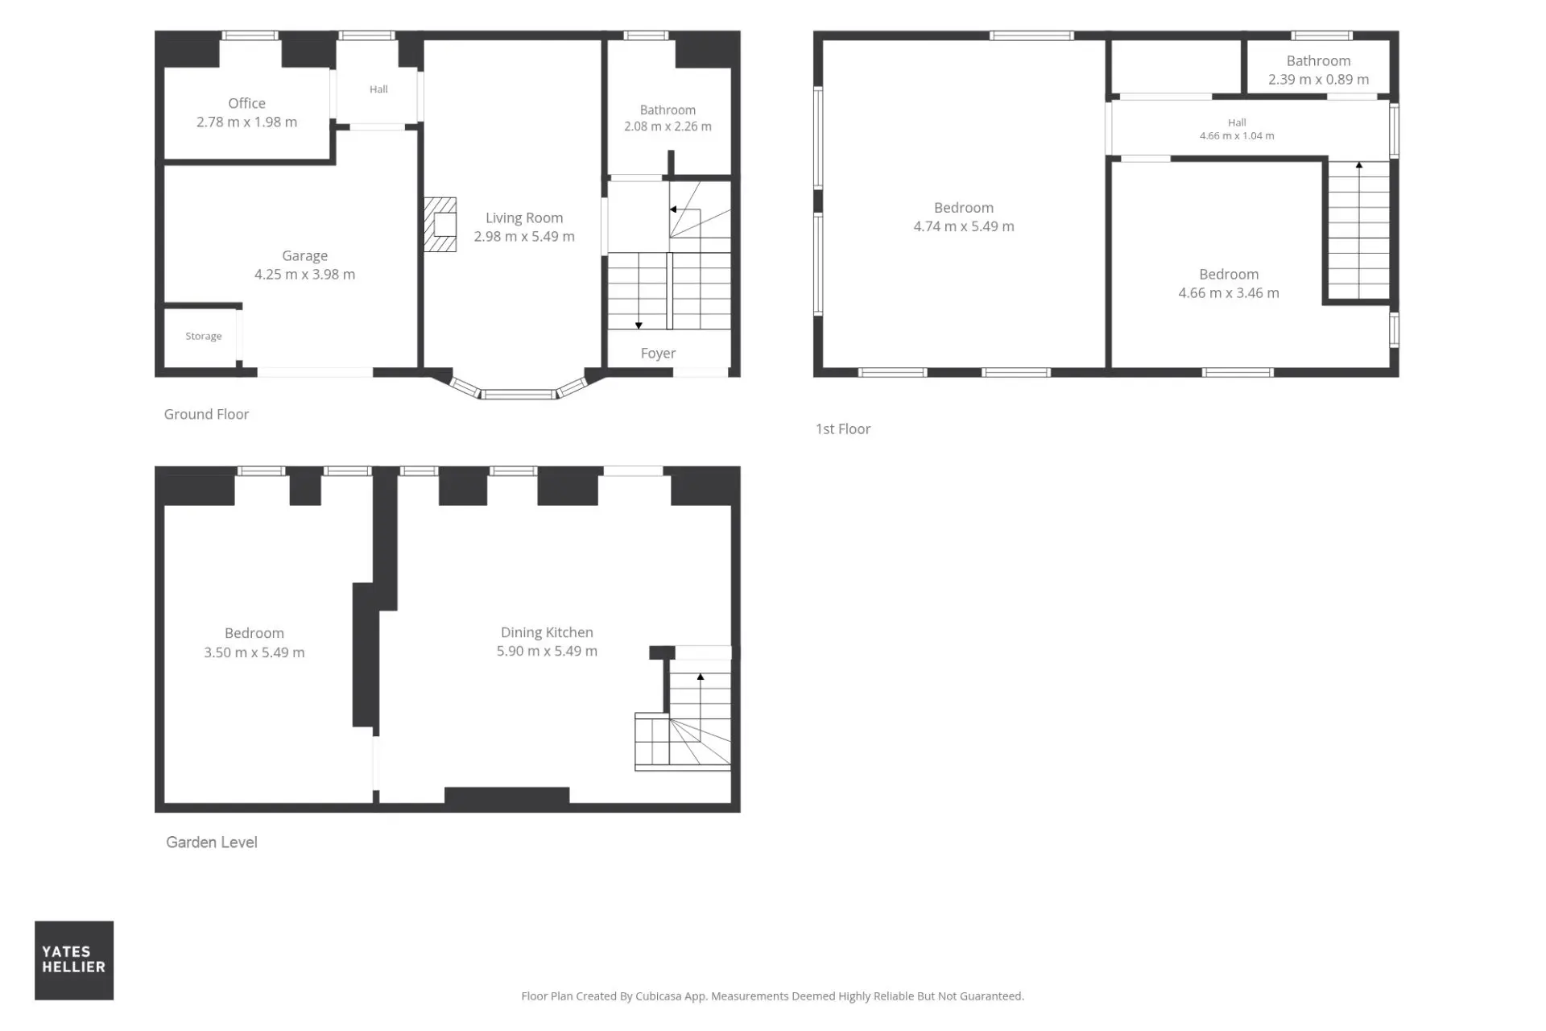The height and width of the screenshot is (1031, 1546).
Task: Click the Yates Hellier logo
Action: tap(74, 960)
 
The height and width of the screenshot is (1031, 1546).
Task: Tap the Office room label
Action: tap(246, 103)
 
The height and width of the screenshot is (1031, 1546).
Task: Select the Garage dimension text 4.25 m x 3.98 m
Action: tap(304, 275)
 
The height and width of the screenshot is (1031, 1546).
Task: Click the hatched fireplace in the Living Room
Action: tap(440, 225)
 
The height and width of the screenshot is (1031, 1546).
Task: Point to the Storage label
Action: tap(203, 336)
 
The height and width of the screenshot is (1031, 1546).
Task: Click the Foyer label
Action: tap(658, 354)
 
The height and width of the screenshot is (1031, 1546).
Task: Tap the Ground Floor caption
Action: tap(206, 414)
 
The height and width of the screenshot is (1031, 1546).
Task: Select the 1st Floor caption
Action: tap(843, 429)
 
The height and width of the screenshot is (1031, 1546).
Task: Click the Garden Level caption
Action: tap(212, 843)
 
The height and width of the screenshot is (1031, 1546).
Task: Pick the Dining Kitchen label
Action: tap(547, 632)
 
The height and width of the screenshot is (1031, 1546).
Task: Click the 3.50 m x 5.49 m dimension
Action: tap(254, 652)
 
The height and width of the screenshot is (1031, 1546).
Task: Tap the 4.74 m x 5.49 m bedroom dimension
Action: tap(964, 226)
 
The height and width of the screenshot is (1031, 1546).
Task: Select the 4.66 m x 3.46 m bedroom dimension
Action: tap(1229, 293)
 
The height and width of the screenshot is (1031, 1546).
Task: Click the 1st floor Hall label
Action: tap(1237, 122)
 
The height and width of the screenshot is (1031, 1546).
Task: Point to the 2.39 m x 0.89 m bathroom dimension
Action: tap(1318, 80)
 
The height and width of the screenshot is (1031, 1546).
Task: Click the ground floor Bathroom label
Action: tap(668, 110)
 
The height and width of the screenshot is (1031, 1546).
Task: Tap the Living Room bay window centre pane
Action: tap(519, 395)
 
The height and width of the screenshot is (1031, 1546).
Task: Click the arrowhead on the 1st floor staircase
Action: tap(1359, 165)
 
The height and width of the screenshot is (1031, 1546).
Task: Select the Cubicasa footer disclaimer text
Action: tap(772, 996)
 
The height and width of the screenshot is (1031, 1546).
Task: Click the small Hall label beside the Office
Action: tap(378, 89)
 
